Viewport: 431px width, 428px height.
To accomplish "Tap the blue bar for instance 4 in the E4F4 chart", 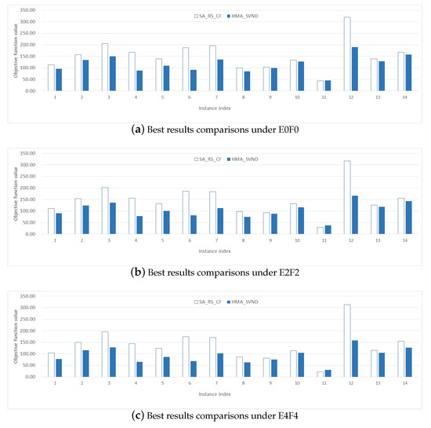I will point(139,369).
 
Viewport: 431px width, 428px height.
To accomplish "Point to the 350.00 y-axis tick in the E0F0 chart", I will point(26,10).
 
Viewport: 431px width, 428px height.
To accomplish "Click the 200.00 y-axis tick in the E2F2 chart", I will point(26,188).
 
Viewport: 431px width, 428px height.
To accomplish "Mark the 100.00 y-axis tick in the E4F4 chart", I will point(26,353).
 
